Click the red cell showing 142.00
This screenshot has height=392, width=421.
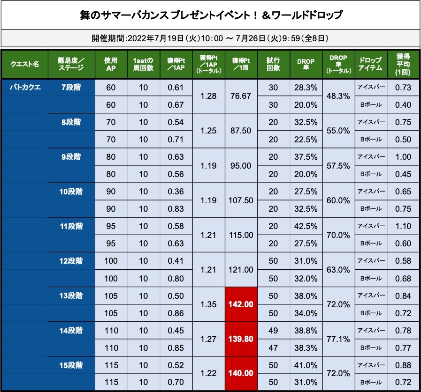241,304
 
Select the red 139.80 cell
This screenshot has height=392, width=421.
241,339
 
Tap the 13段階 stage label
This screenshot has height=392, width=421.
71,296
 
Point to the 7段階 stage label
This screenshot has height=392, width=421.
71,87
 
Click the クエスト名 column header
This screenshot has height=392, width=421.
24,64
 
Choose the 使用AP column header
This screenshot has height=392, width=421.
111,64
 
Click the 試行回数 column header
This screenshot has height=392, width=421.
273,64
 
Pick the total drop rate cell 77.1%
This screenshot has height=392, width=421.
338,339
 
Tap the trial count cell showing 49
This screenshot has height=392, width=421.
273,331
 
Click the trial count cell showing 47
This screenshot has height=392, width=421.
273,348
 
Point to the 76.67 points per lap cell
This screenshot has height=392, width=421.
241,96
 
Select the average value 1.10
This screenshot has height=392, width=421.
403,226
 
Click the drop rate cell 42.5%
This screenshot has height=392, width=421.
306,226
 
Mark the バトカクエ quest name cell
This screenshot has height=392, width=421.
24,87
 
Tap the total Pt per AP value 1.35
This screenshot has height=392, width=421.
208,304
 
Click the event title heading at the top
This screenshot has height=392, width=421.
210,15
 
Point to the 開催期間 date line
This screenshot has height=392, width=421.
210,37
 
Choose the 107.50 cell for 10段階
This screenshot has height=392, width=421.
241,200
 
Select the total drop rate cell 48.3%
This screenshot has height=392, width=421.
338,96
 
